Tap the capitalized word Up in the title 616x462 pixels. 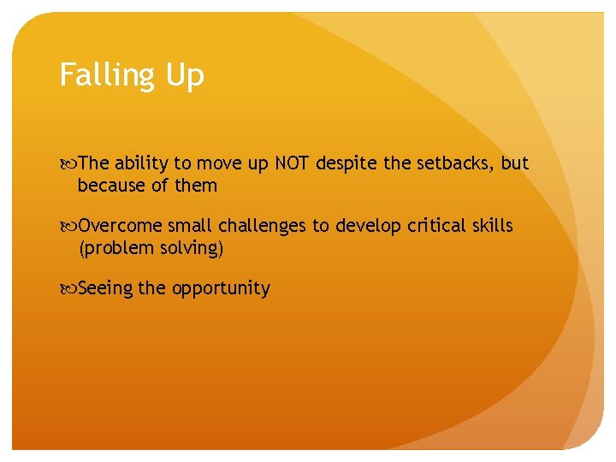[185, 76]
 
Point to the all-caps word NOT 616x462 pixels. [293, 163]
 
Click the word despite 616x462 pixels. [346, 163]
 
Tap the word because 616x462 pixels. [111, 186]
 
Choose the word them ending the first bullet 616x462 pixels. [196, 186]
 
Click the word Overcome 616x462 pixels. [120, 226]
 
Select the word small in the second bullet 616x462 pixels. [190, 226]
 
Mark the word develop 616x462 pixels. [370, 226]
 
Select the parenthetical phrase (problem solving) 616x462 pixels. [151, 249]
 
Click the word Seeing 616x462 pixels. [105, 288]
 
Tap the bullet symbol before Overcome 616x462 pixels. [68, 226]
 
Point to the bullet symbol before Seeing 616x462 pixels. [68, 288]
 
